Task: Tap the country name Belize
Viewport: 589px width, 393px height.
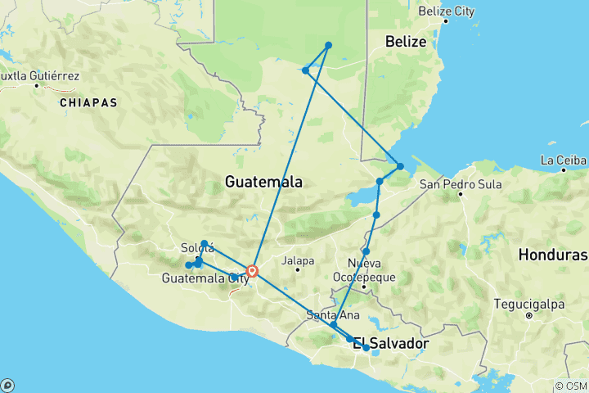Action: pos(406,42)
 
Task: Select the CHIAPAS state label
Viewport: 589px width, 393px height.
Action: pos(88,103)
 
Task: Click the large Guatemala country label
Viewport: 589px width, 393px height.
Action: pos(263,182)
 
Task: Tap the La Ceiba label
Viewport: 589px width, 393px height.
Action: pos(564,159)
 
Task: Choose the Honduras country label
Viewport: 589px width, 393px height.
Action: pos(551,255)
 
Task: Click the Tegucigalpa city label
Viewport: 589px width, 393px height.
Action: pos(529,304)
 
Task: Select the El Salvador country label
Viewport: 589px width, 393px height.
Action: pos(390,344)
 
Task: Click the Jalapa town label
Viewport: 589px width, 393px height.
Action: pos(298,261)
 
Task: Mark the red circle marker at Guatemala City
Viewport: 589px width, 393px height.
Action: pos(253,271)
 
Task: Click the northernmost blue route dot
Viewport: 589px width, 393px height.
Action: pos(328,45)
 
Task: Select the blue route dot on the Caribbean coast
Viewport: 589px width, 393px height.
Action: pos(400,166)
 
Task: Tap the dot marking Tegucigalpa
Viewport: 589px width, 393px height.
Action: pos(529,314)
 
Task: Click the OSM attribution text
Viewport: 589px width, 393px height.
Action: pos(570,386)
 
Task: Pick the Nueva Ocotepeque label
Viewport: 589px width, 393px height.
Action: pos(371,270)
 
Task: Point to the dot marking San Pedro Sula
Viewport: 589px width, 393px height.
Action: pos(461,194)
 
